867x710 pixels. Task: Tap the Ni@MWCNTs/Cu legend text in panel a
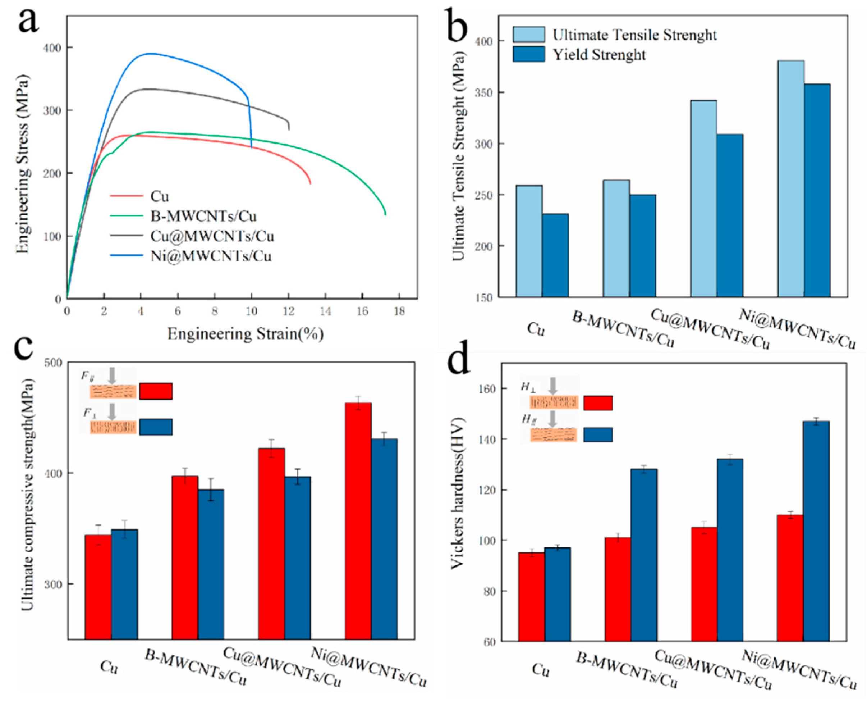tap(211, 256)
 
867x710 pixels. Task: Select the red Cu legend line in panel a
tap(126, 196)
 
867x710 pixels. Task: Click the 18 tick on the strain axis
tap(399, 311)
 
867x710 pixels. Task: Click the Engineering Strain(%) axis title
tap(245, 334)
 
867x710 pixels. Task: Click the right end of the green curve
tap(385, 214)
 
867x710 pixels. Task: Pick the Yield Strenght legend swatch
tap(528, 54)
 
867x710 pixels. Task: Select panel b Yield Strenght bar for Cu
tap(555, 255)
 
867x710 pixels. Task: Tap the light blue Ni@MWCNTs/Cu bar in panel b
tap(791, 178)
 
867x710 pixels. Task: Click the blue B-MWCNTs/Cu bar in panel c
tap(211, 564)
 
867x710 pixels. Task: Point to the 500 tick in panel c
tap(53, 362)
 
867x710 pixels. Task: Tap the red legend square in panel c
tap(155, 391)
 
